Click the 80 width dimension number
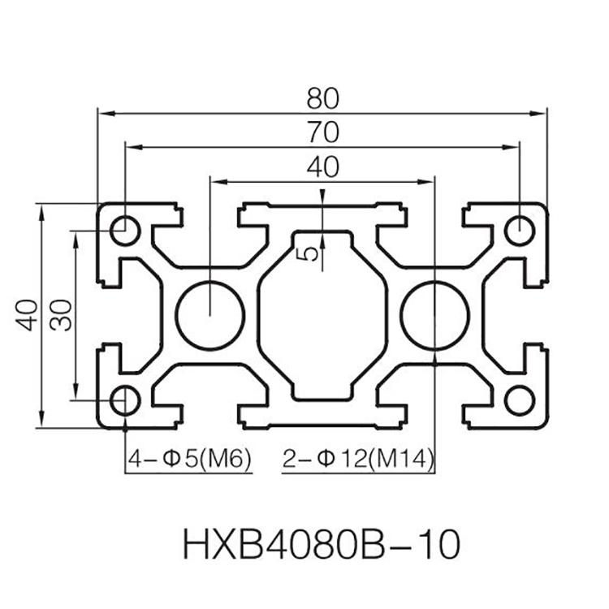coord(322,98)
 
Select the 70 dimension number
coord(323,132)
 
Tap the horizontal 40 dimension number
coord(322,167)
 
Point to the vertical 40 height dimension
coord(28,315)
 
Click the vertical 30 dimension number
coord(62,315)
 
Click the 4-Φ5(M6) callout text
coord(189,459)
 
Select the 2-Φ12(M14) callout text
coord(358,459)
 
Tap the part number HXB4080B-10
coord(322,545)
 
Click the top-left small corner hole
coord(125,231)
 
